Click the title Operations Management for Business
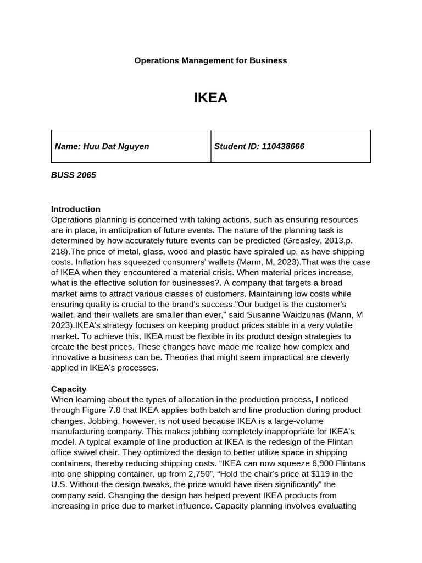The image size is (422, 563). [210, 60]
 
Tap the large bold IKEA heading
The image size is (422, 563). [210, 98]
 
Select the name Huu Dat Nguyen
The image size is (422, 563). [115, 146]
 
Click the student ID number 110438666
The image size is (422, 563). [283, 146]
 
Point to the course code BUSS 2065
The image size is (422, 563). [73, 175]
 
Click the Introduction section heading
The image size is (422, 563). [76, 209]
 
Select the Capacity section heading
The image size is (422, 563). [69, 389]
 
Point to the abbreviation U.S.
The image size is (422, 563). [59, 484]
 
